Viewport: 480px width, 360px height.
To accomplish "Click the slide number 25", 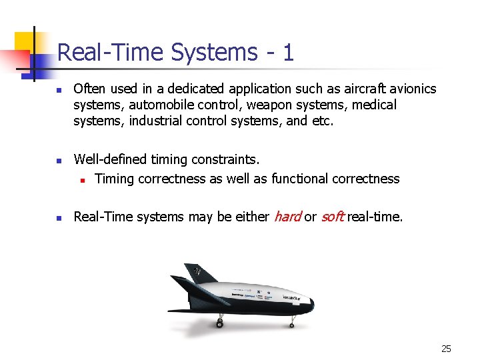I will [x=446, y=349].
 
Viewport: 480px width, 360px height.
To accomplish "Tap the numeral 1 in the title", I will [x=287, y=52].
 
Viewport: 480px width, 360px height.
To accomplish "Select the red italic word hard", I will [x=287, y=217].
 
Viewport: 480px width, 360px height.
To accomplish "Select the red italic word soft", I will [x=332, y=217].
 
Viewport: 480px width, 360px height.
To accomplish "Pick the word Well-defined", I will [x=111, y=159].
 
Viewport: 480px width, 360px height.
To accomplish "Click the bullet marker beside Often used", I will [x=59, y=89].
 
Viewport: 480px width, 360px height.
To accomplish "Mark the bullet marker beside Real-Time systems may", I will [x=59, y=217].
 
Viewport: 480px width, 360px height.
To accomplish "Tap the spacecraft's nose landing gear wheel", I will [x=291, y=324].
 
